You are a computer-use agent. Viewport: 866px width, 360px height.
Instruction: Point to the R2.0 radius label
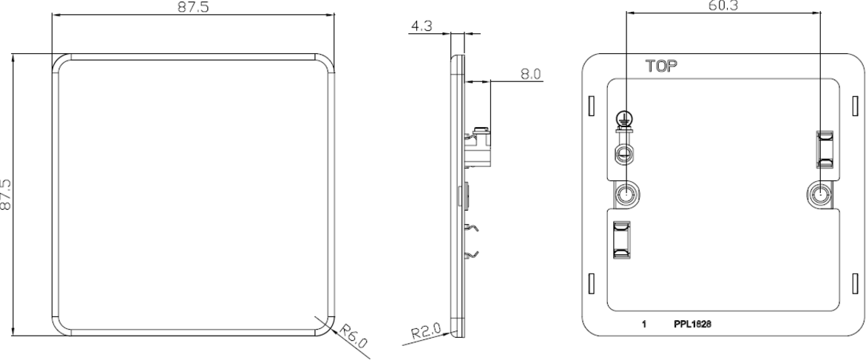pos(426,330)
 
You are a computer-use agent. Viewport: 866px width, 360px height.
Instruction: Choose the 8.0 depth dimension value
pos(531,73)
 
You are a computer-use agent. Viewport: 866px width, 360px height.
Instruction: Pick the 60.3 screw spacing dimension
pos(723,6)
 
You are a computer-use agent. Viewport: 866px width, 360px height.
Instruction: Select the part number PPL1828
pos(693,324)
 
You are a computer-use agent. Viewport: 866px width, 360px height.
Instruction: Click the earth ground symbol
pos(624,116)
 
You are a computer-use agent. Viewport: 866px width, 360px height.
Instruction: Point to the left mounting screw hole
pos(626,195)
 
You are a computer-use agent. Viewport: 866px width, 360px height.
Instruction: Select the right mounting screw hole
pos(819,195)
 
